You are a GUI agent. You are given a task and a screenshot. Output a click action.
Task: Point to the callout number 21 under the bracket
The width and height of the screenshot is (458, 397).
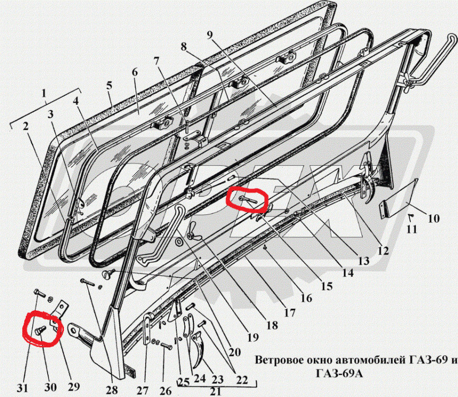click(x=216, y=391)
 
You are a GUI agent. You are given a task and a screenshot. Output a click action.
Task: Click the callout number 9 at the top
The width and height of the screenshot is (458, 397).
click(x=210, y=35)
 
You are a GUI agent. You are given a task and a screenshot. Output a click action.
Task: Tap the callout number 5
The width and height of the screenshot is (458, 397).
click(x=109, y=85)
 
